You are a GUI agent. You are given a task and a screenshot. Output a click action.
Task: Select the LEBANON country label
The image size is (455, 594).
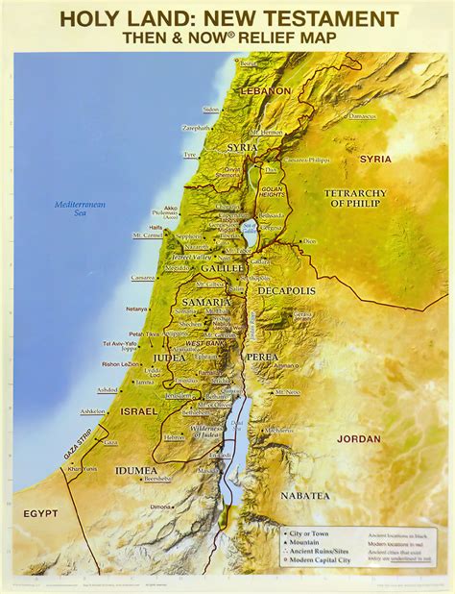pyautogui.click(x=266, y=90)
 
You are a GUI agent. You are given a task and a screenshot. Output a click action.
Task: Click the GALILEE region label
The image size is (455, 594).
pyautogui.click(x=223, y=268)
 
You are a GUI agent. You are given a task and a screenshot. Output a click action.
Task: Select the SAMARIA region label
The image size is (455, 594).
pyautogui.click(x=205, y=302)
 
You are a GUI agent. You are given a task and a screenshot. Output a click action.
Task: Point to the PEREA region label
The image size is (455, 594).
pyautogui.click(x=262, y=356)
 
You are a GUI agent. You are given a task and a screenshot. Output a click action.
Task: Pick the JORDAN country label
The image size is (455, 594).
pyautogui.click(x=359, y=438)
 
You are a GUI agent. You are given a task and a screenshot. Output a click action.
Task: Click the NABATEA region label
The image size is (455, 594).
pyautogui.click(x=305, y=495)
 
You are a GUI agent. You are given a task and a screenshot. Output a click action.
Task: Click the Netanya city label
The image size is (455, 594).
pyautogui.click(x=137, y=309)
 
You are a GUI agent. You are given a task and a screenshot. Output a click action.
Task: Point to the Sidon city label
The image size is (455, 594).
pyautogui.click(x=211, y=109)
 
